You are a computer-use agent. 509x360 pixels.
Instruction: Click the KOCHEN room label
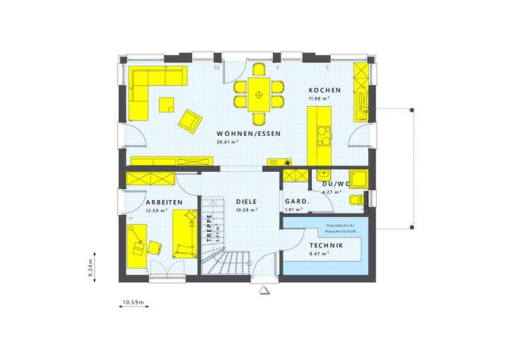coord(324,91)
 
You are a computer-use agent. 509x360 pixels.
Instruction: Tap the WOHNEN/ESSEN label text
coord(249,133)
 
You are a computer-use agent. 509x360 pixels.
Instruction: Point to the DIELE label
coord(247,202)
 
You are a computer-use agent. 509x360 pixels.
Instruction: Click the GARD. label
coord(296,202)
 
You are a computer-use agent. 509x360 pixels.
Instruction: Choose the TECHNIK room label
coord(326,245)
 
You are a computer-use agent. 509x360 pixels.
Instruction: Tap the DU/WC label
coord(337,184)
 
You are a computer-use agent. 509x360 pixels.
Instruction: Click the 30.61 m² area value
coord(227,141)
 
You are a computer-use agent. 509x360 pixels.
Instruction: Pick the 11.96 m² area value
coord(319,99)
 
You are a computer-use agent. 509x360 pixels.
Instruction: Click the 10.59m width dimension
coord(133,303)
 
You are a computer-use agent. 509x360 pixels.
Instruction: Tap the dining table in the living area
coord(259,92)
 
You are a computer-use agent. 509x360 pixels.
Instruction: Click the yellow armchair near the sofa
coord(189,120)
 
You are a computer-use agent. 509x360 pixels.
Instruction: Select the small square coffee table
coord(167,105)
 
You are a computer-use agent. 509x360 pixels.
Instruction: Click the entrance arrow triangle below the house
coord(264,290)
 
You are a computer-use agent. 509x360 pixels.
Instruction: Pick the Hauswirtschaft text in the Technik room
coord(341,232)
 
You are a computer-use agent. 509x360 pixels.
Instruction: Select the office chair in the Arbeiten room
coord(154,246)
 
